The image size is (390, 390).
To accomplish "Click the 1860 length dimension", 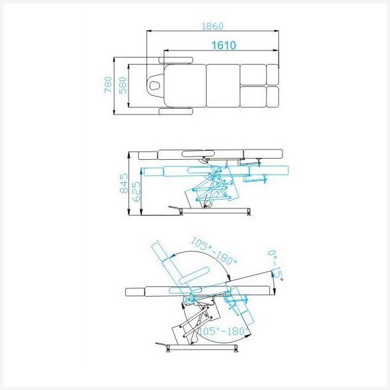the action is (x=212, y=26).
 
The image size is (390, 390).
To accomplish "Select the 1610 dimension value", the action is (x=224, y=45).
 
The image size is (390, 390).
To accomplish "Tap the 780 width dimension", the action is (x=108, y=85).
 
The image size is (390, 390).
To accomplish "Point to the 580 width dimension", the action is (x=123, y=85).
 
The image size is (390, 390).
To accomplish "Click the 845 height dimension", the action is (x=124, y=183).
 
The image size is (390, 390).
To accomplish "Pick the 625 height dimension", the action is (x=136, y=192).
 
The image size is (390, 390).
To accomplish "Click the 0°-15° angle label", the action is (x=276, y=265).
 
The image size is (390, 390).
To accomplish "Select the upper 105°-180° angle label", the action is (x=214, y=251).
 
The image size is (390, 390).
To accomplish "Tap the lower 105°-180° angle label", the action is (x=223, y=331).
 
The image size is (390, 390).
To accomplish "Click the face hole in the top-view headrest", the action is (x=155, y=86).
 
